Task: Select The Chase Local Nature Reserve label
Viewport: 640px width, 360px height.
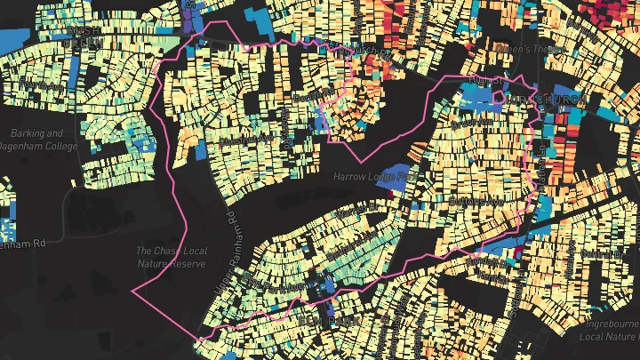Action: [172, 257]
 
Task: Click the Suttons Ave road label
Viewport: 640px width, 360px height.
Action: [478, 202]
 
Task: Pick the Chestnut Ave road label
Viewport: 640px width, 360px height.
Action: [247, 140]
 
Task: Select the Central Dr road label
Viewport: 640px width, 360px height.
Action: [603, 253]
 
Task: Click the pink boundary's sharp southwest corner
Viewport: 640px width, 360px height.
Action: [132, 291]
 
